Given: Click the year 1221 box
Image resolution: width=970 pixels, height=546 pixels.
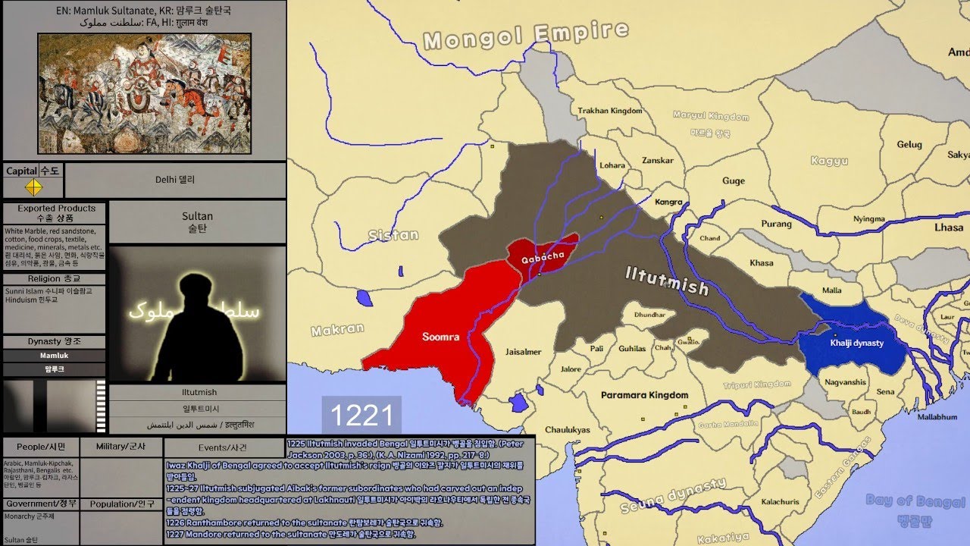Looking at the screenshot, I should [x=361, y=416].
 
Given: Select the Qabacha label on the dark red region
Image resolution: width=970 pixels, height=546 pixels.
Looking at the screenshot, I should [x=542, y=256].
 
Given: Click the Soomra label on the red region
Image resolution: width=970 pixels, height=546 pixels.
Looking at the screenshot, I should [x=441, y=337].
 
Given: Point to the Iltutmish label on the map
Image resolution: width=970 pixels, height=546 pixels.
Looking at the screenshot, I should [x=667, y=281].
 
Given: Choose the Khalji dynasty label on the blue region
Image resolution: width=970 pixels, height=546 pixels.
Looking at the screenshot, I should [x=856, y=343].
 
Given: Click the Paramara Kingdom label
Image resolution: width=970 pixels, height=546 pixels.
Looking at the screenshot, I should [x=644, y=395].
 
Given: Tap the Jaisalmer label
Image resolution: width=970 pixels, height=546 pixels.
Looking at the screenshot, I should [x=523, y=352].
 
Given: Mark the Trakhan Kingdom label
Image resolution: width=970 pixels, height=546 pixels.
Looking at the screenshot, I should [x=610, y=111].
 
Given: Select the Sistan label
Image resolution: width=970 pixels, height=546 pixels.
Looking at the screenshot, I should [x=393, y=235].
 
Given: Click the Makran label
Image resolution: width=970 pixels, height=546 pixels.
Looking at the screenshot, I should [x=337, y=330].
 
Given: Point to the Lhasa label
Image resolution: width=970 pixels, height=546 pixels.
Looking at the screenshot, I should [x=949, y=227].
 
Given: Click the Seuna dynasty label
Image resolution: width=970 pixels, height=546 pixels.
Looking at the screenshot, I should [x=673, y=496].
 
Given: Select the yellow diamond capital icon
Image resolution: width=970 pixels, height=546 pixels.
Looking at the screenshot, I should [x=33, y=187].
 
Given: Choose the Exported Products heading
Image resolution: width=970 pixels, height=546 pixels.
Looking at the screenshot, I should [x=56, y=209].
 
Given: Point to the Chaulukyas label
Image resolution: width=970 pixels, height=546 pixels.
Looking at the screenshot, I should [x=568, y=430].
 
